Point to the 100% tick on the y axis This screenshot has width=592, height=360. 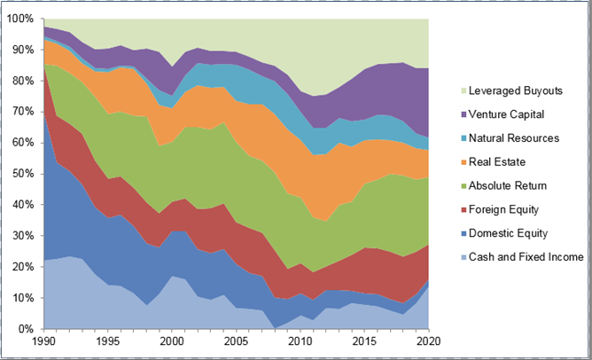(20, 19)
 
